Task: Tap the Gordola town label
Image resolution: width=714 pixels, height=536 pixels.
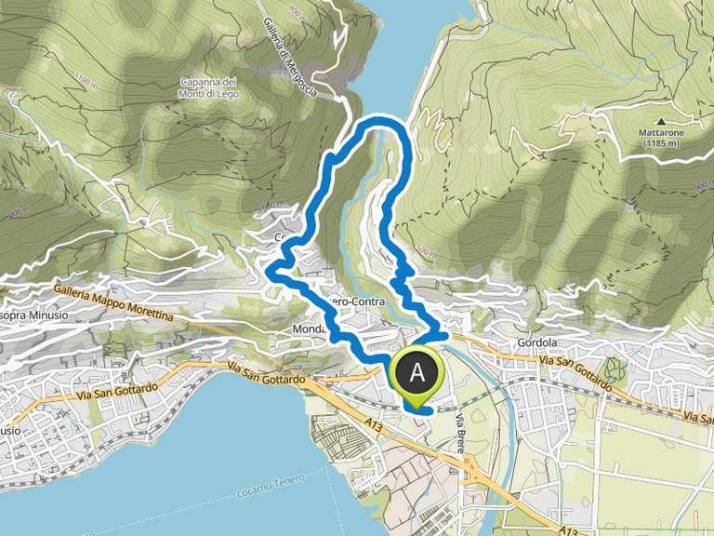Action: (x=535, y=342)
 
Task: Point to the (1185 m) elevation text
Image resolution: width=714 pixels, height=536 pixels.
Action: (x=661, y=144)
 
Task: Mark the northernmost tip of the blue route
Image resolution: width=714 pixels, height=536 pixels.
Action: (x=381, y=120)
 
